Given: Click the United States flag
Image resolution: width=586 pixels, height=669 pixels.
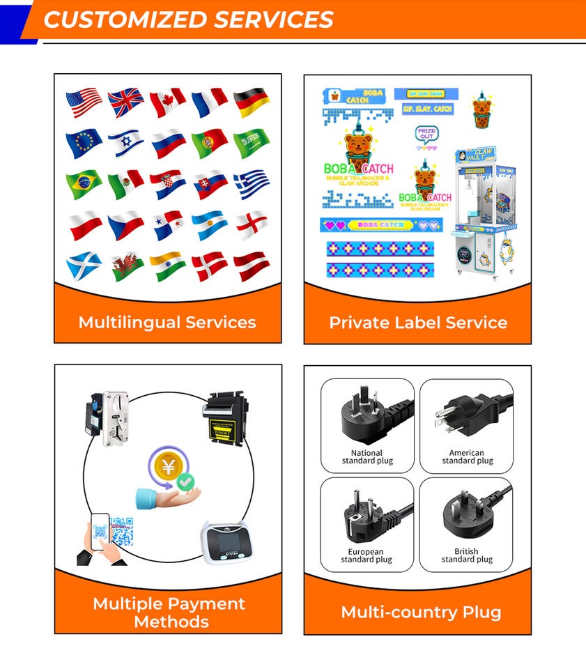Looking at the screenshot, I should (x=84, y=102).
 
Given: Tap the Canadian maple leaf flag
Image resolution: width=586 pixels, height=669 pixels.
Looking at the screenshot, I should (x=167, y=102).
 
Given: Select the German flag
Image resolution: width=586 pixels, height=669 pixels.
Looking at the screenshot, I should (x=252, y=102).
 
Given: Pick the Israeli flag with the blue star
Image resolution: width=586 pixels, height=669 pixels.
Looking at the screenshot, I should (x=125, y=144).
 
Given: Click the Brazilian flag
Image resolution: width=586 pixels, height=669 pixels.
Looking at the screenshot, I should (x=84, y=185).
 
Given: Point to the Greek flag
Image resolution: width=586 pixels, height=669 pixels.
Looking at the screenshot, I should (x=252, y=184).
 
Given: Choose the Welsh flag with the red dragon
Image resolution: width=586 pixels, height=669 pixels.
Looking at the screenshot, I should (x=126, y=266).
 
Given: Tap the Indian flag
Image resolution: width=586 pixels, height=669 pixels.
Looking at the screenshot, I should (x=167, y=266).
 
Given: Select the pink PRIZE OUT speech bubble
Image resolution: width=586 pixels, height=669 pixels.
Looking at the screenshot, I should (x=426, y=134).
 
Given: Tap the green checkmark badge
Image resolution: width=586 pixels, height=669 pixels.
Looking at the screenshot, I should (x=185, y=481).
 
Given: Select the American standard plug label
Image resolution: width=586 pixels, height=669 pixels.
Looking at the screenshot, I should (x=467, y=457).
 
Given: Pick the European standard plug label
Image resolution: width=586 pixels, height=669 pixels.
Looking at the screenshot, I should (x=367, y=555).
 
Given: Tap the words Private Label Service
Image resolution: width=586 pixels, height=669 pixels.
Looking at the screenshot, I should (x=418, y=323).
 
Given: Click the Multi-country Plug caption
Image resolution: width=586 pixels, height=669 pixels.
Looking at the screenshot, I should (x=421, y=613).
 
